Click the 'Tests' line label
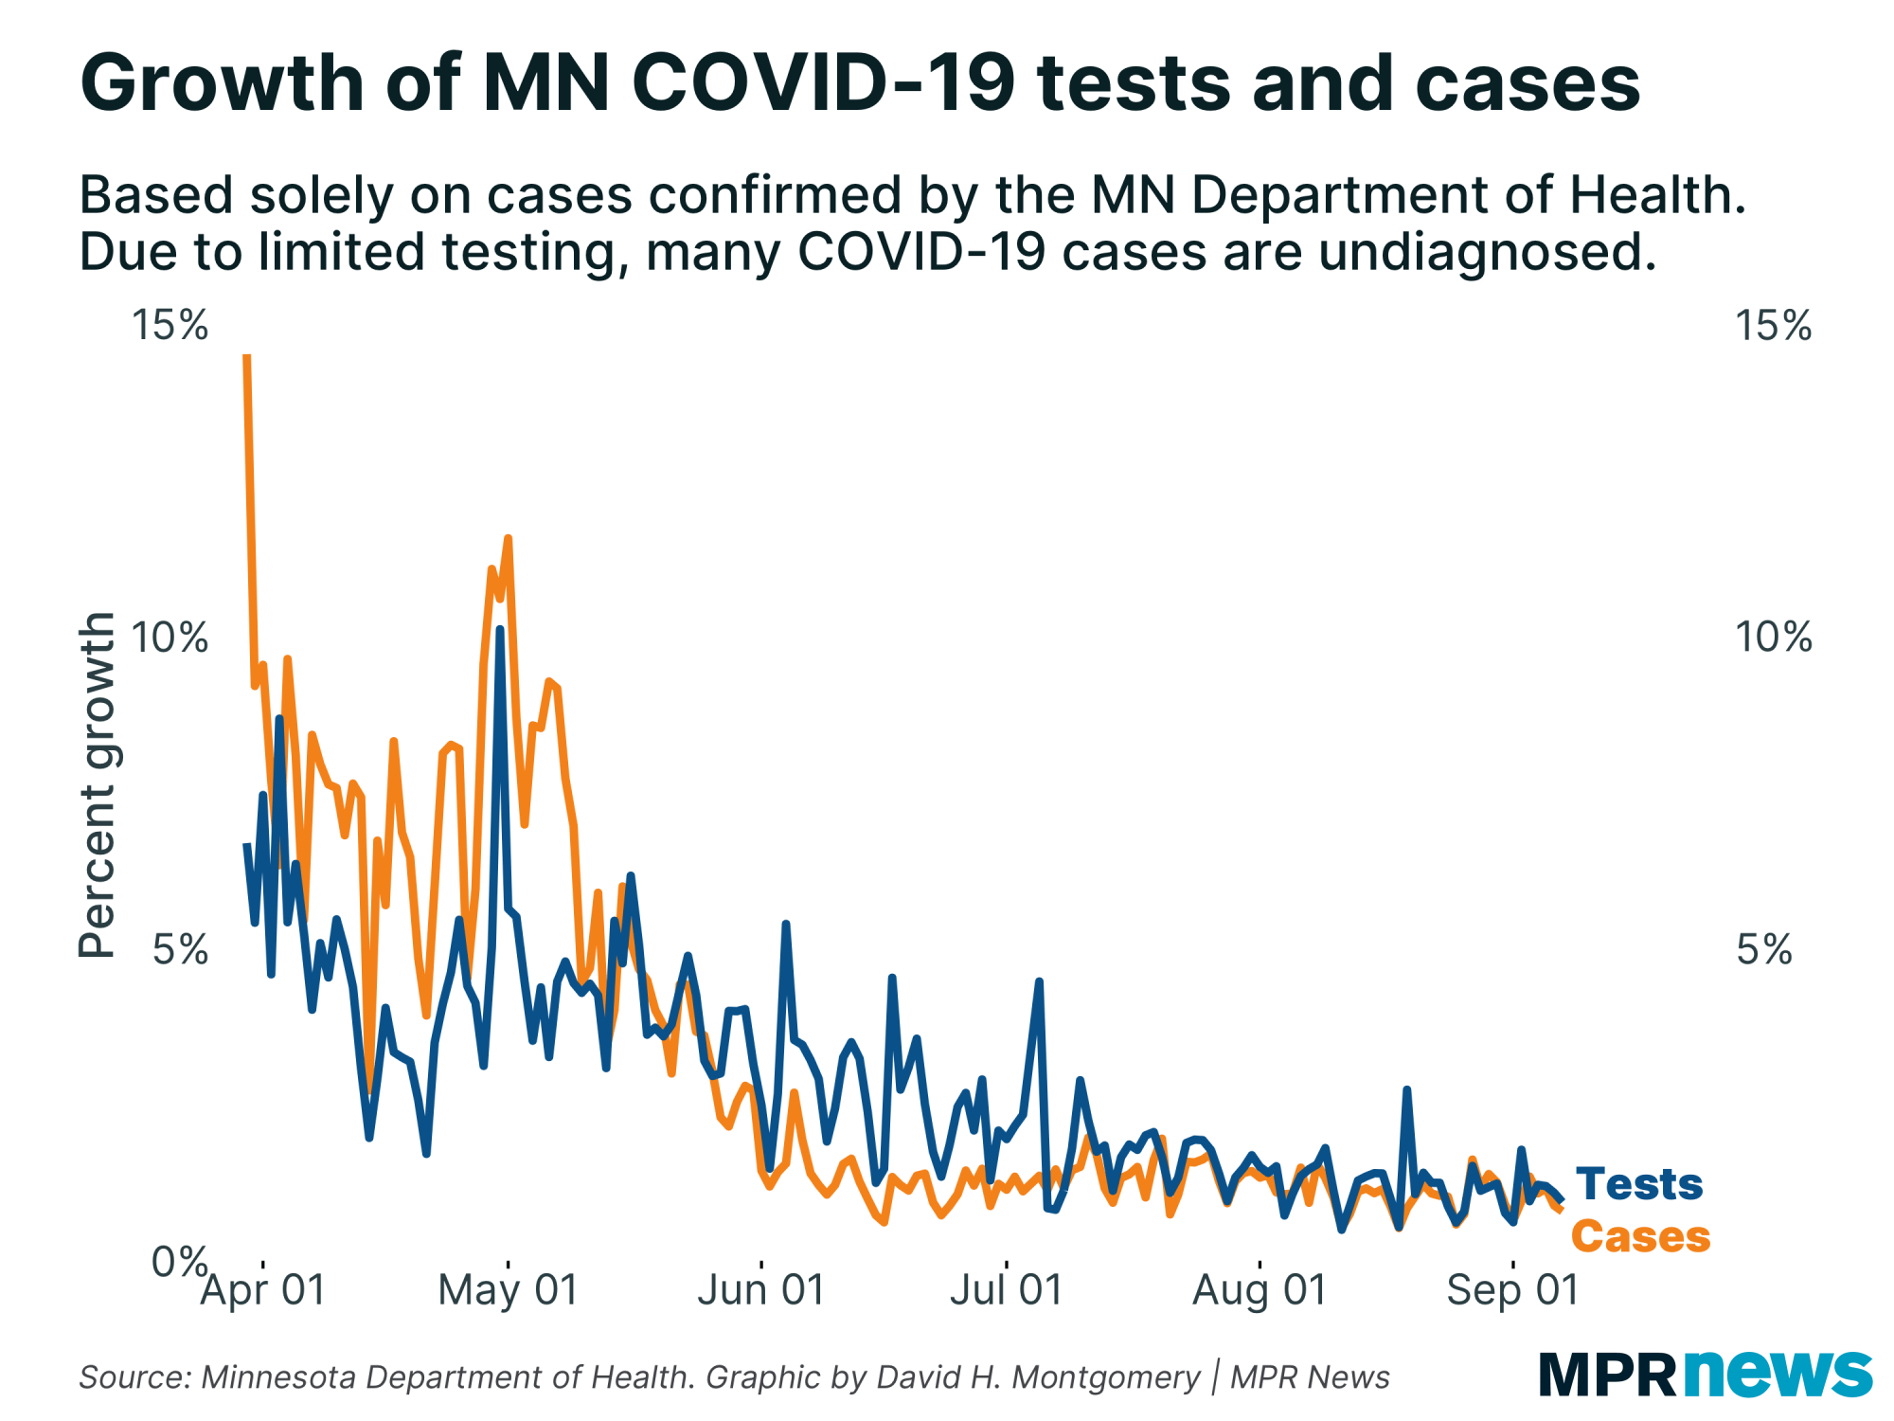tap(1639, 1184)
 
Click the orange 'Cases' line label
tap(1640, 1237)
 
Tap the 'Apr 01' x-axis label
tap(263, 1290)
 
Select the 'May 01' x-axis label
tap(508, 1290)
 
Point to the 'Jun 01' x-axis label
tap(761, 1290)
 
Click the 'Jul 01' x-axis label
tap(1006, 1290)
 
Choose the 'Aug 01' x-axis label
tap(1260, 1290)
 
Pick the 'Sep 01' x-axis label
tap(1512, 1290)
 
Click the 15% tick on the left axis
tap(170, 326)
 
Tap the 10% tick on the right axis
tap(1773, 638)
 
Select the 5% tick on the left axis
tap(180, 949)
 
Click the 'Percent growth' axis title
tap(97, 784)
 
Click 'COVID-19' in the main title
tap(824, 83)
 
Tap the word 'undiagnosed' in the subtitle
tap(1487, 252)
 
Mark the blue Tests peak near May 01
tap(500, 629)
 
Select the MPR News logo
tap(1705, 1375)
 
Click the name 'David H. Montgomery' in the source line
tap(1039, 1377)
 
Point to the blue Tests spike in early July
tap(1039, 982)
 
